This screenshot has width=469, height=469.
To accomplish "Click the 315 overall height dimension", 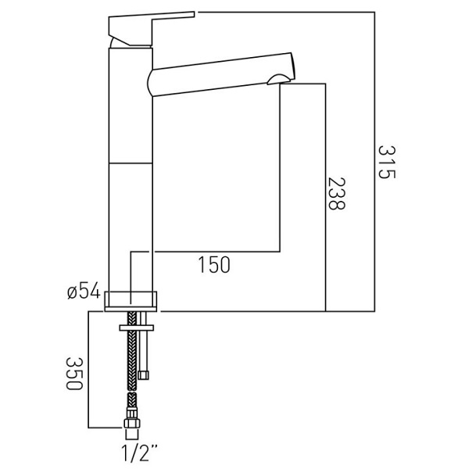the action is click(387, 162).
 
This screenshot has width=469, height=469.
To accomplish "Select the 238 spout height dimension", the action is click(336, 194).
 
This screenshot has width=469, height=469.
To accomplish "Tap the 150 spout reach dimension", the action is click(214, 265).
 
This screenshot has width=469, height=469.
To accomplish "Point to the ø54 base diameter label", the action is click(84, 291).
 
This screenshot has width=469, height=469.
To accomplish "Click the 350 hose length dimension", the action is click(73, 374).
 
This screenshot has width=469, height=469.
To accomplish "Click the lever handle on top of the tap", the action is click(151, 28).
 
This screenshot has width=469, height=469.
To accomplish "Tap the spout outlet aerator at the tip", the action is click(279, 79).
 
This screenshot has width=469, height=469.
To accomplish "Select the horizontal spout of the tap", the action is click(221, 75).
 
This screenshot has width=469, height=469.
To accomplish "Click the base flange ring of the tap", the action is click(131, 301).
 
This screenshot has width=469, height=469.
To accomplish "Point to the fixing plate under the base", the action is click(136, 328).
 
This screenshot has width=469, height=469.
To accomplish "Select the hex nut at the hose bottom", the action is click(132, 423).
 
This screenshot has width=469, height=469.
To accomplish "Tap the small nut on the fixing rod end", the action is click(143, 375).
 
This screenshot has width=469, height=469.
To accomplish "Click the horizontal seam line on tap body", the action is click(131, 163).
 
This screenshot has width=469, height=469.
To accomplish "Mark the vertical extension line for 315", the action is click(374, 162).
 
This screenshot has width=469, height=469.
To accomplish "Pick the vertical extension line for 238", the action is click(325, 198).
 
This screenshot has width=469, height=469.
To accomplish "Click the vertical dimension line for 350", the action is click(88, 370).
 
